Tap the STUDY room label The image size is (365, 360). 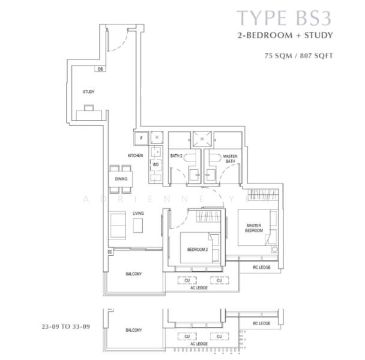pyautogui.click(x=89, y=92)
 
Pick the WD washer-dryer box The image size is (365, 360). pyautogui.click(x=155, y=164)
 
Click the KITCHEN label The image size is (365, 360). pyautogui.click(x=135, y=155)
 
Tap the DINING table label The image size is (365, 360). pyautogui.click(x=121, y=178)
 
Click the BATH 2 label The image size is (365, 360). pyautogui.click(x=176, y=155)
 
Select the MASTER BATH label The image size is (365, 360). pyautogui.click(x=229, y=158)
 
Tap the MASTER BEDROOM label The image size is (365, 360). pyautogui.click(x=253, y=229)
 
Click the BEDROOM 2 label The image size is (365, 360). pyautogui.click(x=197, y=249)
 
